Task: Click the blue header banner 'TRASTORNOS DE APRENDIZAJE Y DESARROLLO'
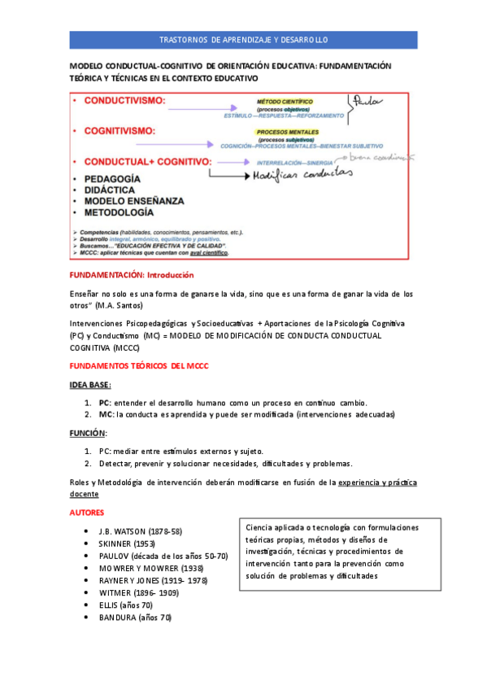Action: click(x=243, y=39)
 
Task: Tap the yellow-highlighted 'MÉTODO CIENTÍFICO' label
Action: click(x=285, y=102)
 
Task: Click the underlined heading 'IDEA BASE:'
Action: click(x=89, y=384)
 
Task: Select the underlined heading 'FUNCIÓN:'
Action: click(x=88, y=433)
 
